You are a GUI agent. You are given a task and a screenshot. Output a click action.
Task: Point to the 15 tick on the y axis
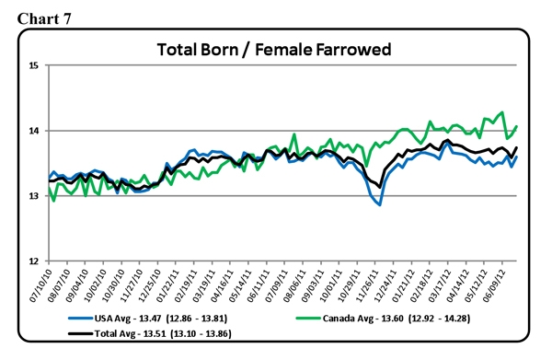click(32, 66)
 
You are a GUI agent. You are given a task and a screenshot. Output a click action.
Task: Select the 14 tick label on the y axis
click(32, 132)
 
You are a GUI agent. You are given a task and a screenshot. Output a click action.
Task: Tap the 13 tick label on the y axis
click(32, 196)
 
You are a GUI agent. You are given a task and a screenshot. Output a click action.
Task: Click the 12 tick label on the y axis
click(32, 261)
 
